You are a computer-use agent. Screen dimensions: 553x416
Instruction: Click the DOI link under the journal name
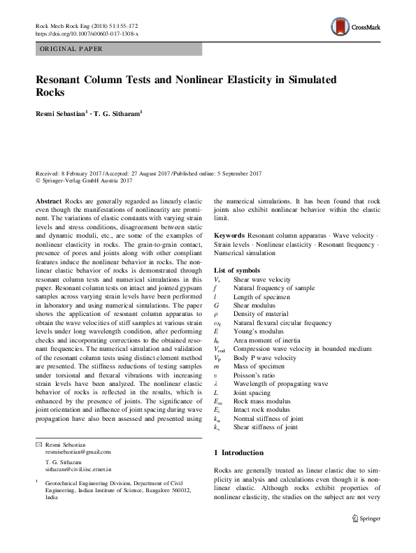coord(87,33)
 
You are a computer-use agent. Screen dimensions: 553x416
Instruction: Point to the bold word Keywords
coord(229,236)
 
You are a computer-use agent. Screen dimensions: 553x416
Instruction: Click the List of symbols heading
coord(237,270)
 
